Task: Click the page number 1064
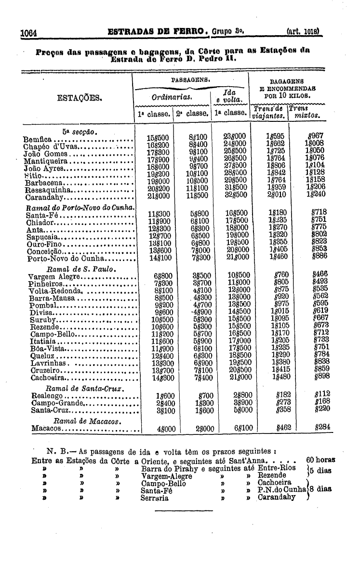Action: [x=29, y=34]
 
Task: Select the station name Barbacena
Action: [x=44, y=183]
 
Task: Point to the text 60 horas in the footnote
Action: [x=320, y=460]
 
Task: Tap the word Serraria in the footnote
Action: [x=155, y=498]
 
